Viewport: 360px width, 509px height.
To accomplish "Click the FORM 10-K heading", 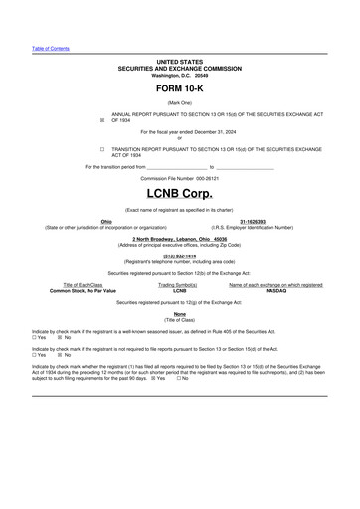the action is (x=180, y=88).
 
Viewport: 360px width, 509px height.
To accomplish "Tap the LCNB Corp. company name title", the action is (x=180, y=192).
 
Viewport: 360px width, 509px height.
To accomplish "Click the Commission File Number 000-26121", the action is (x=180, y=177).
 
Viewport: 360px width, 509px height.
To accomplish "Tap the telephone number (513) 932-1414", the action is (x=180, y=255).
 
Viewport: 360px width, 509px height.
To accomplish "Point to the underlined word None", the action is (x=180, y=314).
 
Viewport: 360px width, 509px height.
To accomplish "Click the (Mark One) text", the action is (x=180, y=103).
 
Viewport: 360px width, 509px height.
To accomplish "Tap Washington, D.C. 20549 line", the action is (x=180, y=75).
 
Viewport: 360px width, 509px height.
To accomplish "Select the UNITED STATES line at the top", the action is (x=180, y=62).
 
